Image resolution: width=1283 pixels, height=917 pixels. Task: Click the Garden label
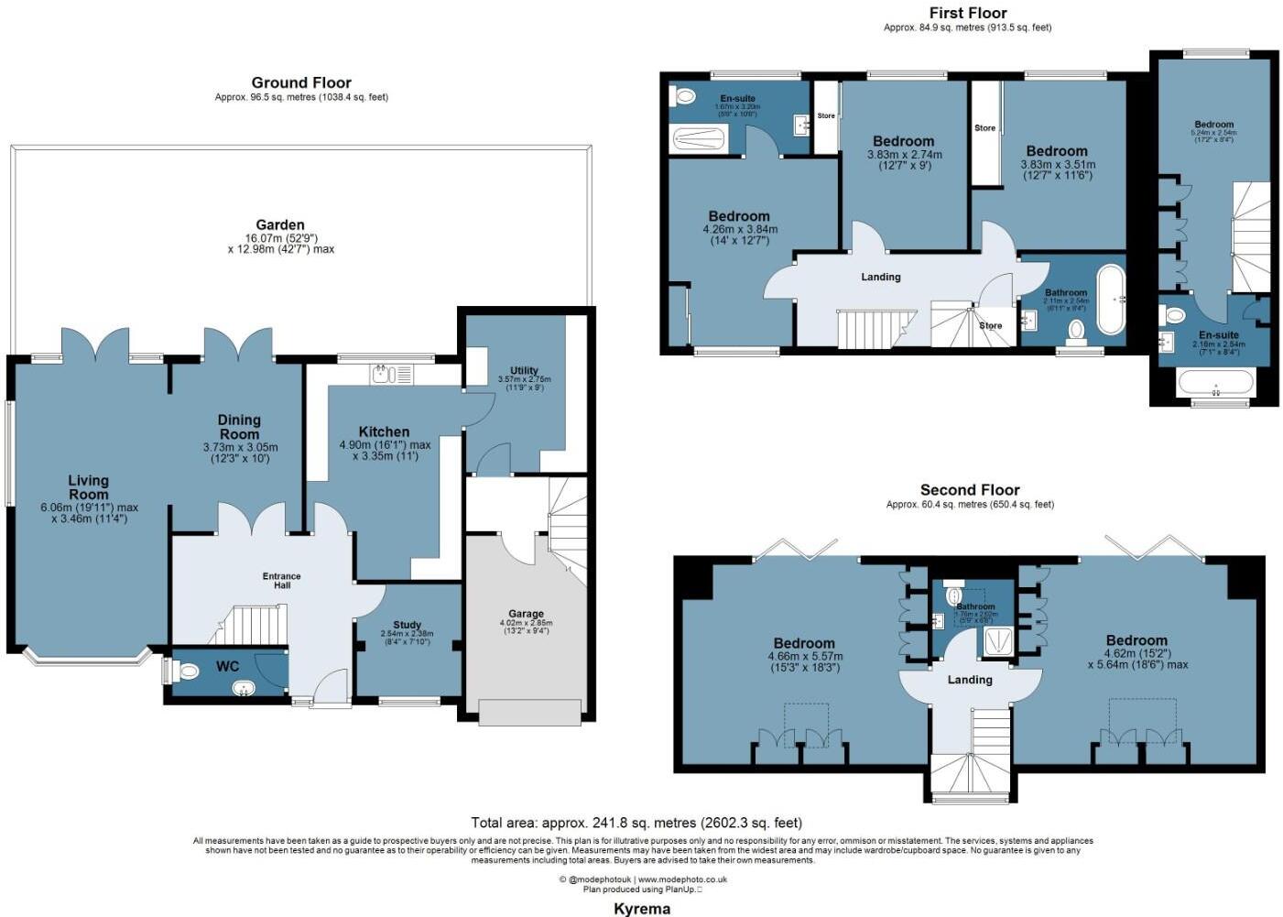pyautogui.click(x=280, y=224)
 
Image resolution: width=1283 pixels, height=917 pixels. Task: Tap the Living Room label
pyautogui.click(x=88, y=486)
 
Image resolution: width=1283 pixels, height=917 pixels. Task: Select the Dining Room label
pyautogui.click(x=239, y=427)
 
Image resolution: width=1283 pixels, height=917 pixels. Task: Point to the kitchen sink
pyautogui.click(x=392, y=374)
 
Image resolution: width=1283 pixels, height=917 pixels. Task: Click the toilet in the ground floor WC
pyautogui.click(x=187, y=671)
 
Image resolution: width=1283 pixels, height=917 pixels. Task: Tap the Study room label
pyautogui.click(x=408, y=625)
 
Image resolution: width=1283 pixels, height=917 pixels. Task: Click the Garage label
pyautogui.click(x=526, y=614)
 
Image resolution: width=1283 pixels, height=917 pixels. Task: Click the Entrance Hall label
pyautogui.click(x=281, y=581)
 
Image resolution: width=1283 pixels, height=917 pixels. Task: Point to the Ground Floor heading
pyautogui.click(x=301, y=82)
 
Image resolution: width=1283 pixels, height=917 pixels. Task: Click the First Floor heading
pyautogui.click(x=967, y=13)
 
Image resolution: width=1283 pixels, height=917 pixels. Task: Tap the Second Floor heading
pyautogui.click(x=970, y=490)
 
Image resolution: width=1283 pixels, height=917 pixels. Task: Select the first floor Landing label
pyautogui.click(x=881, y=277)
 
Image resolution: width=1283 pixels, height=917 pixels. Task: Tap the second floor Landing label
pyautogui.click(x=970, y=680)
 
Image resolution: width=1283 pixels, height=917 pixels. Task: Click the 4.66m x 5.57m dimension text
pyautogui.click(x=805, y=656)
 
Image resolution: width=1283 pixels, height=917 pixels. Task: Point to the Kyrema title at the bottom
pyautogui.click(x=641, y=909)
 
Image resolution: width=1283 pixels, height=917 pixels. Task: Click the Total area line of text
pyautogui.click(x=636, y=823)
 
